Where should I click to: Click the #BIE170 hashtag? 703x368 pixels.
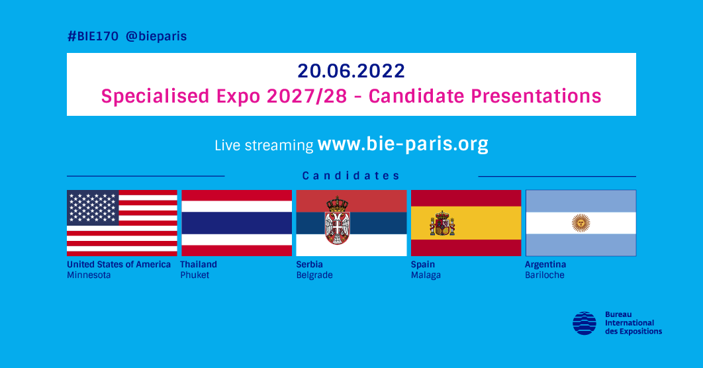[x=93, y=36]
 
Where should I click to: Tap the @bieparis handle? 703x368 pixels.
[x=156, y=36]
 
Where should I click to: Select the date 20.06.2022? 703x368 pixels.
[x=351, y=71]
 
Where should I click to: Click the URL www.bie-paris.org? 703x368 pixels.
[x=402, y=144]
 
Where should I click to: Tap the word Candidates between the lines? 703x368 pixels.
[x=351, y=176]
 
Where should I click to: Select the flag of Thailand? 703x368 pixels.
[x=236, y=223]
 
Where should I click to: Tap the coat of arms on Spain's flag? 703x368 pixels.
[x=442, y=224]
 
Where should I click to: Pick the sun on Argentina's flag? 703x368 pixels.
[x=581, y=223]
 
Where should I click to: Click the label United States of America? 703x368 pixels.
[x=118, y=264]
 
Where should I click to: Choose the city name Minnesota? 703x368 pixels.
[x=89, y=275]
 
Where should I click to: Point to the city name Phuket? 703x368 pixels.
[x=195, y=275]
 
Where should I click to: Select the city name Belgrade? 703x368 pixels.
[x=314, y=275]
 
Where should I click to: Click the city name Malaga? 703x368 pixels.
[x=426, y=275]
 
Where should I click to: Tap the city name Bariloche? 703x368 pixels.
[x=545, y=275]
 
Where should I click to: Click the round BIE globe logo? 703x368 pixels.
[x=585, y=323]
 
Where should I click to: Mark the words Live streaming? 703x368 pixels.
[x=263, y=146]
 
